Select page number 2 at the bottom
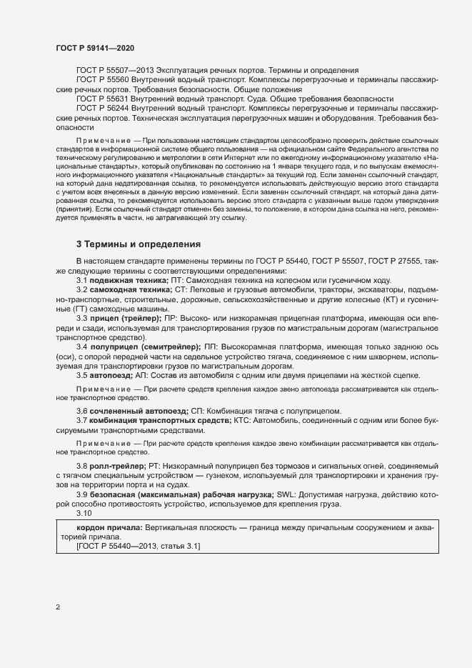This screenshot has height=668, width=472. click(x=58, y=608)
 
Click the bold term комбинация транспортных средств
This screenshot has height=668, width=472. click(x=161, y=421)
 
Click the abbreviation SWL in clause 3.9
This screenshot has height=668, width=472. click(x=286, y=495)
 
